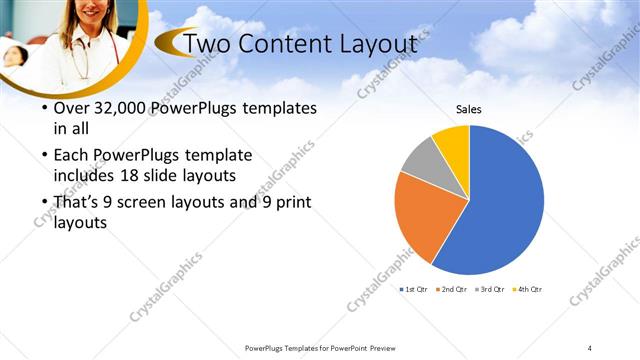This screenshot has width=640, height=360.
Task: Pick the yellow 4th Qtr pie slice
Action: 453,141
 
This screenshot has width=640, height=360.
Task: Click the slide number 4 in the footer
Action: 589,347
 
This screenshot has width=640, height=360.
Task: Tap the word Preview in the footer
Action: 382,347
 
